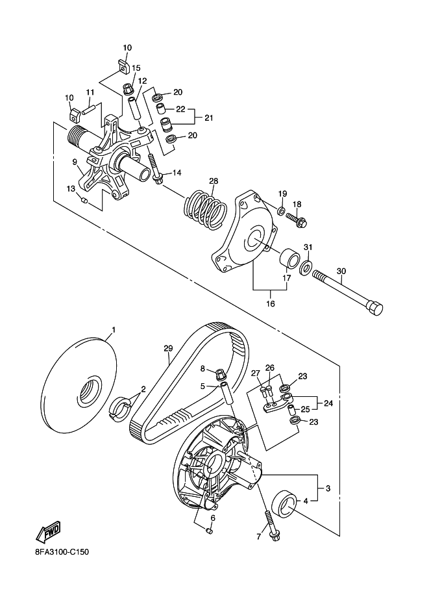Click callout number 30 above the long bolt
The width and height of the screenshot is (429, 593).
341,271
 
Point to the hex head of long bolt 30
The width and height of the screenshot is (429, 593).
374,307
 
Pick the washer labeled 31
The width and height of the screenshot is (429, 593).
306,267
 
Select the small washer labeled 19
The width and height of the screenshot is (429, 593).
282,210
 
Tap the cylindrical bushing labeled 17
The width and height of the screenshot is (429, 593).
289,259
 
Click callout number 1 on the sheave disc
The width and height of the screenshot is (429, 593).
114,330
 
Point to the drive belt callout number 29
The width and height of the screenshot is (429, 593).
168,348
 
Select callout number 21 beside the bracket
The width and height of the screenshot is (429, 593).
208,118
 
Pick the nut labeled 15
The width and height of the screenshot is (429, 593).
128,89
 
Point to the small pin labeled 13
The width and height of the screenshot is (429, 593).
84,199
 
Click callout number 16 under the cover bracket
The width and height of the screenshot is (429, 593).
271,303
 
